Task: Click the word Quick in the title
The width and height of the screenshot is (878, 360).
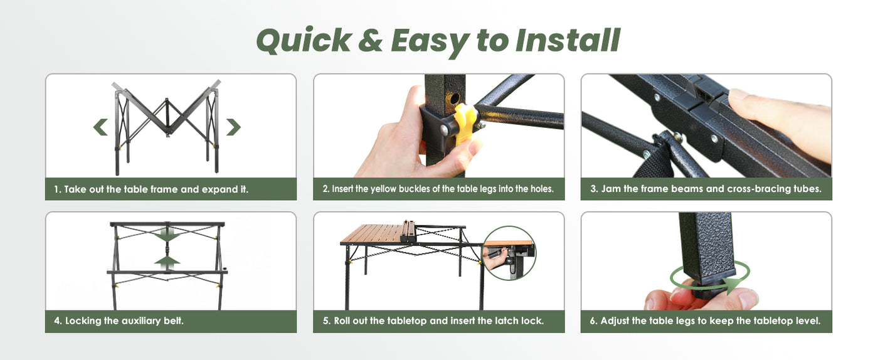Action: coord(304,40)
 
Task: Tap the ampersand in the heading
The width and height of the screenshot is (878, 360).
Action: coord(370,41)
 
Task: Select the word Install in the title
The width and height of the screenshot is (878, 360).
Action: coord(568,40)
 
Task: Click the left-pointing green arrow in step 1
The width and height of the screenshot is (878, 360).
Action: coord(100,127)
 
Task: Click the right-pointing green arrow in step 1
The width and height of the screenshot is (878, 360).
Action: coord(233,127)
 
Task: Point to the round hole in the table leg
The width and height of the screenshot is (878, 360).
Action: coord(455,98)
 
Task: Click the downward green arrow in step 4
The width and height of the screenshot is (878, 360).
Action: coord(167,236)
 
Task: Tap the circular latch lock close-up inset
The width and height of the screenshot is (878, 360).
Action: coord(509,253)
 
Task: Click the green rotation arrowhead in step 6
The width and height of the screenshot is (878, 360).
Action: coord(733,285)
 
